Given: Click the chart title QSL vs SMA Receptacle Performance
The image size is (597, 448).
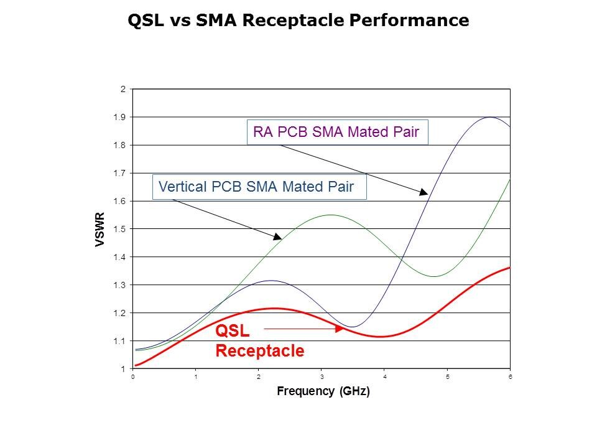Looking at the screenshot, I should [298, 21].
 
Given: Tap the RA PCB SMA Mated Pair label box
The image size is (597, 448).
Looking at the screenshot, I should [337, 132].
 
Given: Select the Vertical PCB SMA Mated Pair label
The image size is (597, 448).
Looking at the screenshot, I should [260, 187].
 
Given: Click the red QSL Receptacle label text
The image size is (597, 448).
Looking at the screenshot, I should [259, 341].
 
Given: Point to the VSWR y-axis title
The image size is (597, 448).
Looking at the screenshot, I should [100, 230].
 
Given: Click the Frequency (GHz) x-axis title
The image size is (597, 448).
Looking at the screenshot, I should [323, 392].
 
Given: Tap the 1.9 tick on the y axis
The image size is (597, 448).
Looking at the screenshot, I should [123, 117].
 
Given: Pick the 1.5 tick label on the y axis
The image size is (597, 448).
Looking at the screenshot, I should [123, 229].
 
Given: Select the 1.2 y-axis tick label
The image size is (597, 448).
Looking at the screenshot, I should [123, 313].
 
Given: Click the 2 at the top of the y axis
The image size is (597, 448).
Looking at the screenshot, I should [123, 89].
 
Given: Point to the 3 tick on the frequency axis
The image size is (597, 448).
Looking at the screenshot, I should [322, 377].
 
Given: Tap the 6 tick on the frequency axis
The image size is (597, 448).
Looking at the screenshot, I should [510, 377].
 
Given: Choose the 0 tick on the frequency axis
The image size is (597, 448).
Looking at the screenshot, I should [133, 377].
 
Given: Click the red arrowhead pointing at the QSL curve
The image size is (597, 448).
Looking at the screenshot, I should [340, 329].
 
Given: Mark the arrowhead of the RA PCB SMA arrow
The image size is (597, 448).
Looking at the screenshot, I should [424, 194].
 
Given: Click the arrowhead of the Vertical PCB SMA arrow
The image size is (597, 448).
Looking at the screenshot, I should [277, 236].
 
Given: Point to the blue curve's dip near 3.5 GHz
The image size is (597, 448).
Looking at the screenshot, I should [352, 327].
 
